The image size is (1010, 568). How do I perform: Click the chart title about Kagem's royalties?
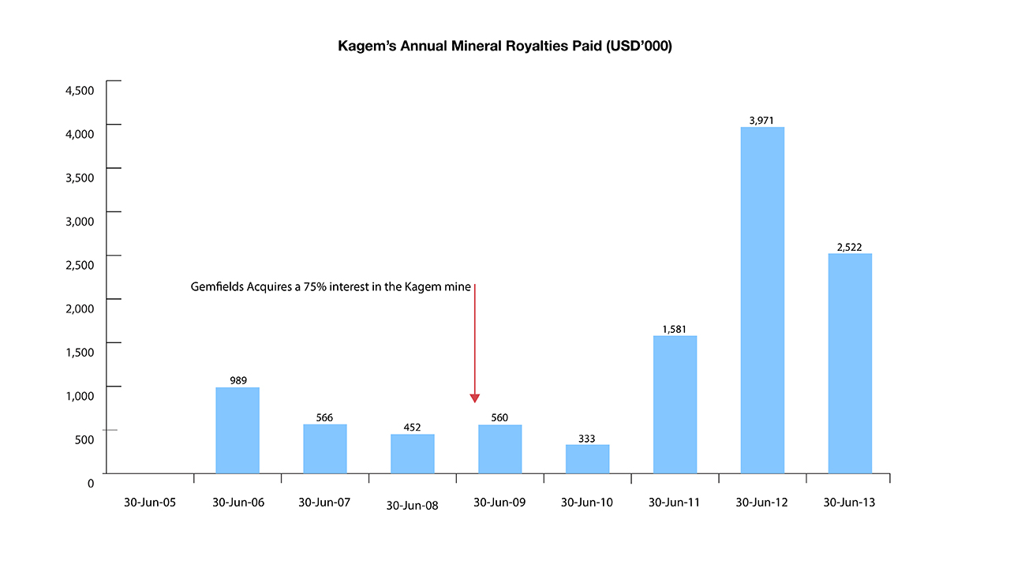[505, 47]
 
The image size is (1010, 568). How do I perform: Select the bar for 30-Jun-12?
[762, 300]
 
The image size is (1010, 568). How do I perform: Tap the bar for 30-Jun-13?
[850, 363]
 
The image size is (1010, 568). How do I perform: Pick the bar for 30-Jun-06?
[238, 430]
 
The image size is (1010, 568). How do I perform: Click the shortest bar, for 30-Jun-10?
[588, 459]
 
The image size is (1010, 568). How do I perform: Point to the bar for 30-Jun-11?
[675, 405]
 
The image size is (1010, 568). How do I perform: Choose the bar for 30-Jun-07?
[325, 449]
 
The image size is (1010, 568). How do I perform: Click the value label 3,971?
[762, 121]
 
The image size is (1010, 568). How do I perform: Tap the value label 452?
[413, 428]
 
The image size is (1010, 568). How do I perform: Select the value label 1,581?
[675, 329]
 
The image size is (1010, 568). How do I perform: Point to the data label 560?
[499, 418]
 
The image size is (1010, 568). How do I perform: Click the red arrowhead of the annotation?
[475, 398]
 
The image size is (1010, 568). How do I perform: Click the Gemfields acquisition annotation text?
[331, 287]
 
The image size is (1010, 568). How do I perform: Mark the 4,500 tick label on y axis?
[79, 90]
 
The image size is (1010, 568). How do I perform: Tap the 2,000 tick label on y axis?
[79, 308]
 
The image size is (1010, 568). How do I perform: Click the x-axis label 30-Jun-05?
[150, 503]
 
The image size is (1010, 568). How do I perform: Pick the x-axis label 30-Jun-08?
[412, 506]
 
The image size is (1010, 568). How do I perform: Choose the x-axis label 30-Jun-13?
[849, 503]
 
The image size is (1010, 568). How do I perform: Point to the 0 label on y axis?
[91, 483]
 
